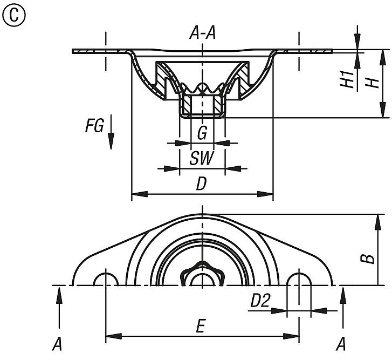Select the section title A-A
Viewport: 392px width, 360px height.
pos(202,35)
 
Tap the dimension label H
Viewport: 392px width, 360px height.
pos(371,82)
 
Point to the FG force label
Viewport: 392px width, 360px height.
pos(94,126)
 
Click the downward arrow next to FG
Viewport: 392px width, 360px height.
pos(111,132)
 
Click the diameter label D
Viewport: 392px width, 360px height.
pos(201,185)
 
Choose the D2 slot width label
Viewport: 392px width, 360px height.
pos(260,302)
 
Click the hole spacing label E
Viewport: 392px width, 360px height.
pos(201,327)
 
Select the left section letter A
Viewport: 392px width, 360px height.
pos(56,344)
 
